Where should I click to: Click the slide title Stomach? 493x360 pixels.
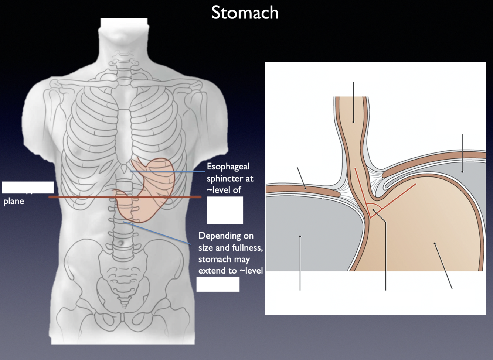pyautogui.click(x=245, y=13)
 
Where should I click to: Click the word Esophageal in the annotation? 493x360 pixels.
pyautogui.click(x=228, y=167)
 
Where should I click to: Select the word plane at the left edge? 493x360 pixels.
pyautogui.click(x=14, y=201)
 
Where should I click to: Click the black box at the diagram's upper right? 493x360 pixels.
pyautogui.click(x=458, y=121)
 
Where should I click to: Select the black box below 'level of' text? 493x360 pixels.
pyautogui.click(x=225, y=210)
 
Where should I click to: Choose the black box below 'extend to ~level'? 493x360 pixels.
pyautogui.click(x=218, y=284)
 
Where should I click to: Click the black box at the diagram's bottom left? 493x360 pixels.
pyautogui.click(x=303, y=302)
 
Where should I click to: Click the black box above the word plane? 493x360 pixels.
pyautogui.click(x=28, y=188)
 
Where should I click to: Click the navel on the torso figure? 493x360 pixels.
pyautogui.click(x=119, y=243)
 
